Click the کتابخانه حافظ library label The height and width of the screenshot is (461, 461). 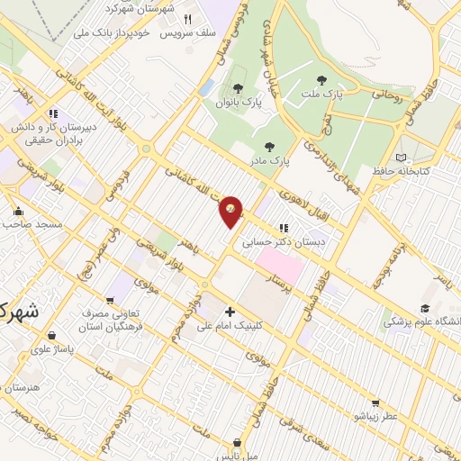point(426,170)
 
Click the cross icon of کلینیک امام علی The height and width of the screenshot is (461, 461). point(230,311)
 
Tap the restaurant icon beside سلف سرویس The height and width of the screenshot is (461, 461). point(188,19)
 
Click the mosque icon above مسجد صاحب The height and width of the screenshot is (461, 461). point(17,212)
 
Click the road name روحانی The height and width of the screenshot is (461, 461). point(373,91)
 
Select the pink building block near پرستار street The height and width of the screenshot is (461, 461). point(279,264)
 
